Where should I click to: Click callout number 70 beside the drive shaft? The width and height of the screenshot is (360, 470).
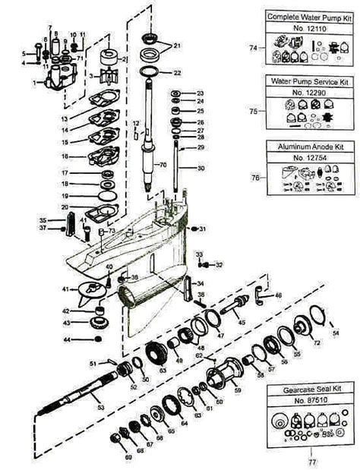click(x=162, y=164)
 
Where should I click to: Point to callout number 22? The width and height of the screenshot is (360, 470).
click(x=177, y=73)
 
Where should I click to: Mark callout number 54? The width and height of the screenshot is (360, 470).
click(x=336, y=334)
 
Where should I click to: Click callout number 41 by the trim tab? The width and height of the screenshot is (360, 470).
click(x=67, y=289)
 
